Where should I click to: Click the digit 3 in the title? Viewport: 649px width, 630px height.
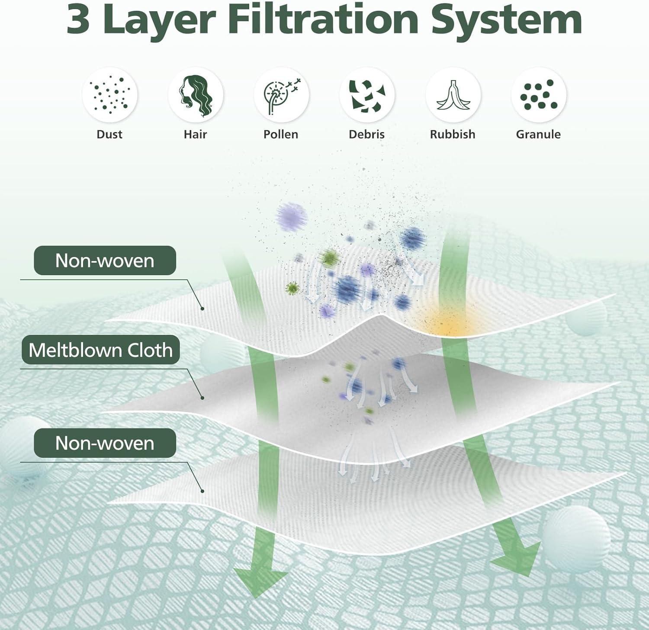[x=78, y=19]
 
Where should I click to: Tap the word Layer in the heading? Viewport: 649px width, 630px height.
[x=160, y=19]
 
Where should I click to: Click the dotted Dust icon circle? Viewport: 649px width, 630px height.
[x=110, y=95]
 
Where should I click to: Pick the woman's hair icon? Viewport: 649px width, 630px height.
[x=196, y=95]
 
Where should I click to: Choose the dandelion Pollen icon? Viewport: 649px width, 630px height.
[x=281, y=95]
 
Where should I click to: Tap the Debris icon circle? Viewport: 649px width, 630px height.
[x=367, y=95]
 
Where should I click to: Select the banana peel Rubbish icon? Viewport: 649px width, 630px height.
[x=453, y=95]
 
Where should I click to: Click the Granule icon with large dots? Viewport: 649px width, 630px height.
[x=539, y=95]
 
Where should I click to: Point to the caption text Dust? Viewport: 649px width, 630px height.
[x=109, y=134]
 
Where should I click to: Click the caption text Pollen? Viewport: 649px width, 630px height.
[x=281, y=134]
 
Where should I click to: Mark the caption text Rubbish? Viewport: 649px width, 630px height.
[x=453, y=134]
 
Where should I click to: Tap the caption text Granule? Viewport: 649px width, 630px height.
[x=538, y=134]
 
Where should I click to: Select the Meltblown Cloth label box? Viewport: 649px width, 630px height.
[x=101, y=350]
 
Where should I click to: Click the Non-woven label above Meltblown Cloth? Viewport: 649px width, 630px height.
[x=105, y=260]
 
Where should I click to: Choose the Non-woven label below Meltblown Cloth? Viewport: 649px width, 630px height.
[x=105, y=443]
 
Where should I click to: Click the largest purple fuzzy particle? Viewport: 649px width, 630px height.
[x=292, y=216]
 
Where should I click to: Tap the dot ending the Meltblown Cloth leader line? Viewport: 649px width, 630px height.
[x=202, y=398]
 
